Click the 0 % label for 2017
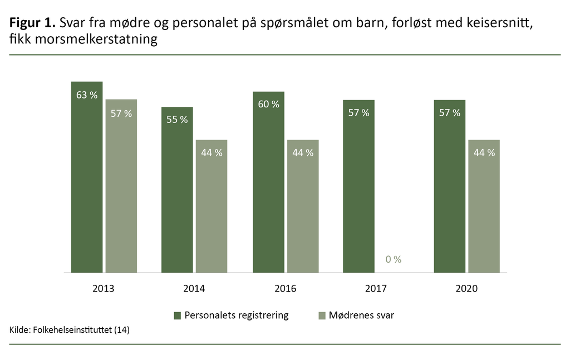[x=393, y=259]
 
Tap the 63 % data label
[x=87, y=95]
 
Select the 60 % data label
[x=268, y=104]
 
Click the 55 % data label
[x=177, y=120]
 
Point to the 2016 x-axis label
[x=286, y=289]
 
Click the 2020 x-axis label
[x=466, y=289]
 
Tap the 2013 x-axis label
[x=104, y=289]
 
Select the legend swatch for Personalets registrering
[x=178, y=315]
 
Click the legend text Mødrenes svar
[x=361, y=315]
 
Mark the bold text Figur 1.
[x=32, y=24]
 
